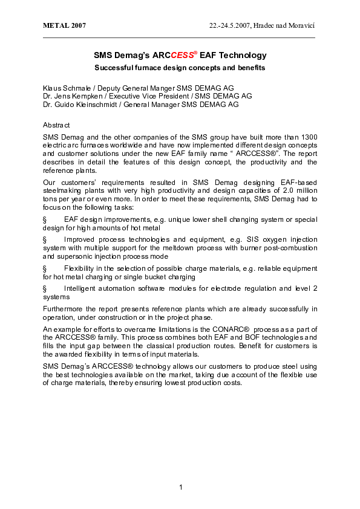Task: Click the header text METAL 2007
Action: tap(64, 26)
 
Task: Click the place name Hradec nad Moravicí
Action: tap(286, 26)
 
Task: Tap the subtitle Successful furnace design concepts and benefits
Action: tap(180, 67)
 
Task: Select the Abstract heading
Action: tap(56, 124)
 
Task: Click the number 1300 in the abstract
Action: tap(308, 137)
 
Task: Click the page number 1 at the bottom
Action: tap(180, 487)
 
